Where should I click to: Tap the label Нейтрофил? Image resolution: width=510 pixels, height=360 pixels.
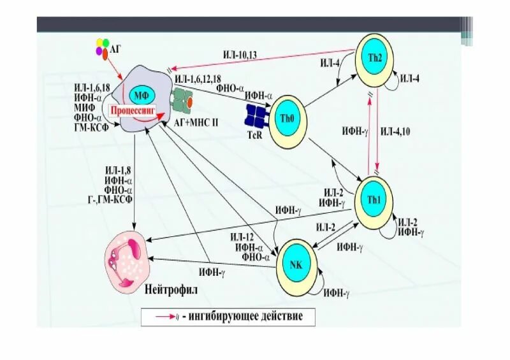click(x=171, y=289)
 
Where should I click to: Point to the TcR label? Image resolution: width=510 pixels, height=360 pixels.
click(x=255, y=136)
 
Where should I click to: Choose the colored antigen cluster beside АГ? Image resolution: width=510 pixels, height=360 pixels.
click(x=103, y=48)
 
